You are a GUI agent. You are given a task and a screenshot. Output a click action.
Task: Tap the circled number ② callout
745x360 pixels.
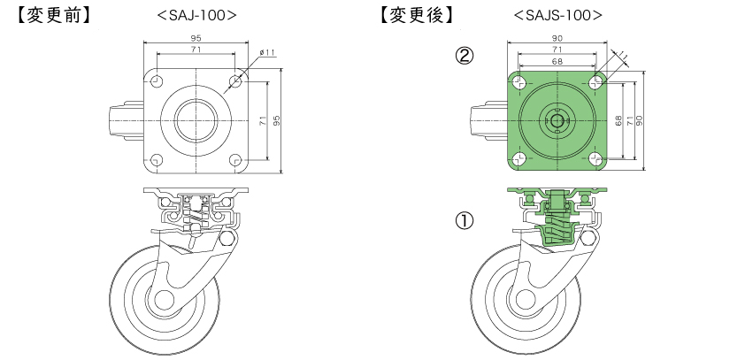(464, 56)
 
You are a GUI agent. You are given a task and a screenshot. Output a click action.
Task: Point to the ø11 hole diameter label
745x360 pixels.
(268, 54)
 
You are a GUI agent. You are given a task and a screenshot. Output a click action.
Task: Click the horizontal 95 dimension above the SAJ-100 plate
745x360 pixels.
(196, 39)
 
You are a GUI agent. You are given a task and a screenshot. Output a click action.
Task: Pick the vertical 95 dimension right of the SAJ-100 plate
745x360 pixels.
(278, 120)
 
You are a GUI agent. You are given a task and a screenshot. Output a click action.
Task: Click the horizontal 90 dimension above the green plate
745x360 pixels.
(557, 39)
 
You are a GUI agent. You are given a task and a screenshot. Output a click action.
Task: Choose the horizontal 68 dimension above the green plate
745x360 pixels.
(557, 62)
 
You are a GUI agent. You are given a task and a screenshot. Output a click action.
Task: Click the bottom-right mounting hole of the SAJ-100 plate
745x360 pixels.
(234, 160)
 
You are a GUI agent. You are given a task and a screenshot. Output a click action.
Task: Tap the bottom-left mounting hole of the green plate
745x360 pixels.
(518, 160)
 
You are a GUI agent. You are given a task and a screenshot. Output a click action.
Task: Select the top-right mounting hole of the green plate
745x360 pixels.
(595, 82)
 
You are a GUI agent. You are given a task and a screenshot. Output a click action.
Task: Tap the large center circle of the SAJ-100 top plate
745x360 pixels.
(196, 120)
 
